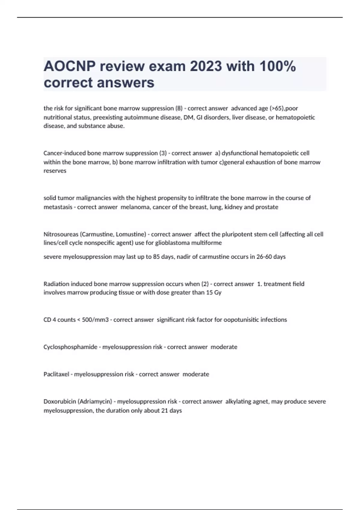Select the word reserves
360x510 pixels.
(55, 171)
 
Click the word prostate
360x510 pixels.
(267, 207)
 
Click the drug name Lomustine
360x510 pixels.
(131, 234)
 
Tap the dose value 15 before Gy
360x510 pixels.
(209, 292)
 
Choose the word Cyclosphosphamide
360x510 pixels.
(70, 347)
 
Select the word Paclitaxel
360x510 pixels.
(56, 374)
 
